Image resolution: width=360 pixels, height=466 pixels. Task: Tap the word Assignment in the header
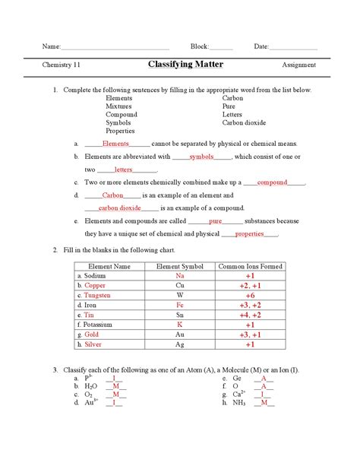(x=298, y=65)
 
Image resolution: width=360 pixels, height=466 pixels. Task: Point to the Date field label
(x=261, y=47)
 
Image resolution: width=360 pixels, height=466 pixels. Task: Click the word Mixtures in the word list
(x=118, y=106)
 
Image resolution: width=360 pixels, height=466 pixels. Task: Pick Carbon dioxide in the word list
(x=245, y=122)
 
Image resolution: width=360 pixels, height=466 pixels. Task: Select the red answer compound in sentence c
(x=273, y=183)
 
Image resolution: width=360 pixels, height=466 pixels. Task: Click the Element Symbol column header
(x=179, y=267)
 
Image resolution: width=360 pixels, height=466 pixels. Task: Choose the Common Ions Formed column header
(x=250, y=267)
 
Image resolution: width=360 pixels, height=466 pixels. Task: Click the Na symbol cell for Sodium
(x=179, y=276)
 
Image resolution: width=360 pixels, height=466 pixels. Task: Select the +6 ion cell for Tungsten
(x=250, y=295)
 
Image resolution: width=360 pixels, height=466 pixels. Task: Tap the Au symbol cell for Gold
(x=179, y=334)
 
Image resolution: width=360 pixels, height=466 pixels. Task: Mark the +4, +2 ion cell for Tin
(x=250, y=315)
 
